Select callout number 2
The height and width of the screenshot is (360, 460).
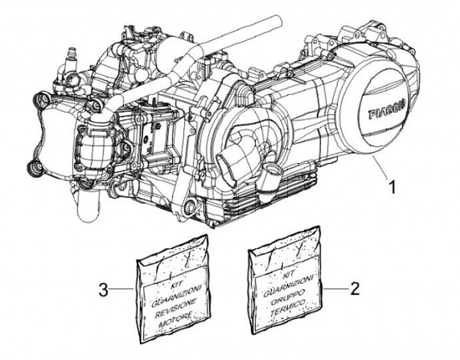[355, 288]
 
